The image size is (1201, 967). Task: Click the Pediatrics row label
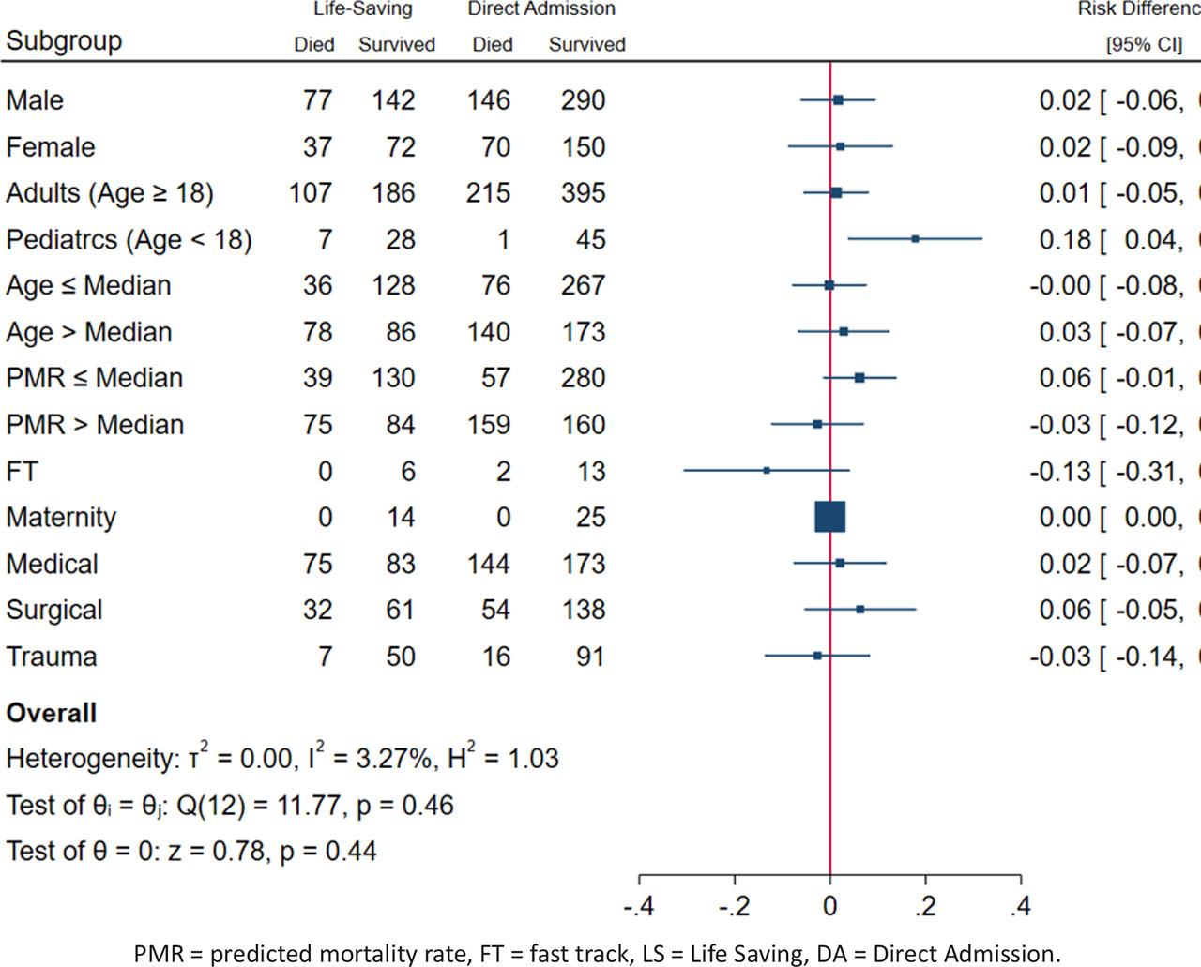[x=129, y=240]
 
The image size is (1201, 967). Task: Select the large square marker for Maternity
[x=830, y=517]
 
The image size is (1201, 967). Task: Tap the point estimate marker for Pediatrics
[x=915, y=239]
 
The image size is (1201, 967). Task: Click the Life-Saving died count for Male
[x=317, y=100]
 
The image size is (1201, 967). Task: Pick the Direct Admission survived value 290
[x=583, y=100]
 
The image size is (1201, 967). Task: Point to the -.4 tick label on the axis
[x=639, y=906]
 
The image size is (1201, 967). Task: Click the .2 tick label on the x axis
[x=925, y=906]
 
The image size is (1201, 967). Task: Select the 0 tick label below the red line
[x=829, y=906]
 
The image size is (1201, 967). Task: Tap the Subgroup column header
[x=64, y=41]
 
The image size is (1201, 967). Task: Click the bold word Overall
[x=52, y=713]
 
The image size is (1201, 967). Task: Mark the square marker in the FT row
[x=767, y=470]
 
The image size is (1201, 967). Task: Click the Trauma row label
[x=52, y=657]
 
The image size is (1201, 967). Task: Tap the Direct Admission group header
[x=541, y=9]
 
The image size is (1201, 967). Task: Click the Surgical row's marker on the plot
[x=859, y=610]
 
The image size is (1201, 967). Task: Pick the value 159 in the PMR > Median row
[x=489, y=425]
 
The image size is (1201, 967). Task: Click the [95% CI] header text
[x=1144, y=44]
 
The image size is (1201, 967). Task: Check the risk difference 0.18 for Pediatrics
[x=1065, y=240]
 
